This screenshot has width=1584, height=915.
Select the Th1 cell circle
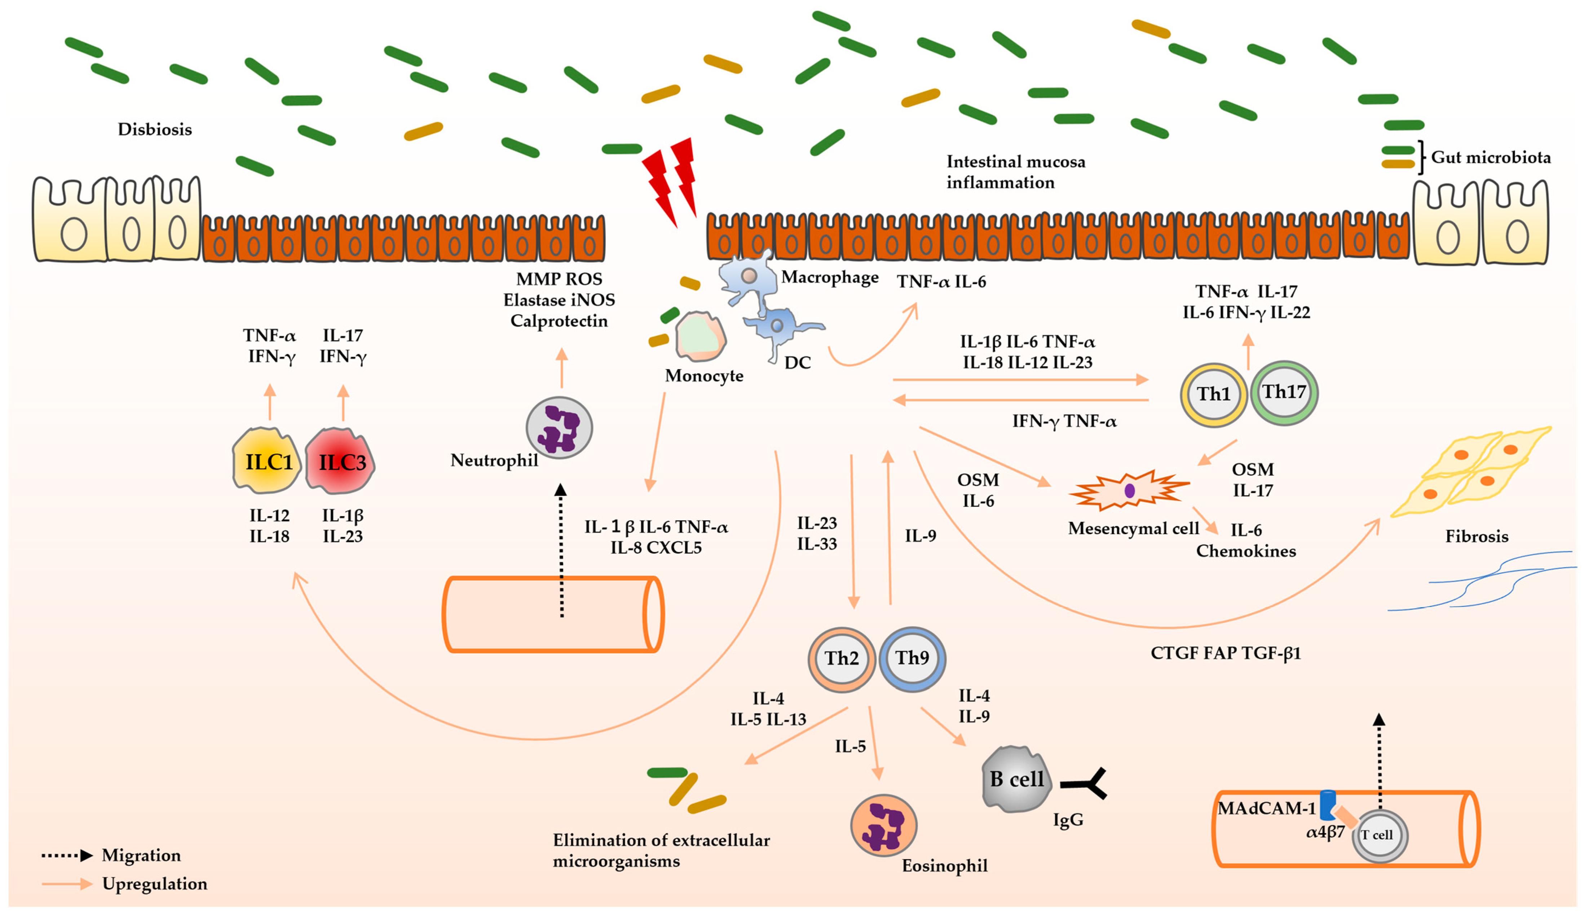pyautogui.click(x=1213, y=395)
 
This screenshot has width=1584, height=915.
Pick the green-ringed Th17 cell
pyautogui.click(x=1284, y=394)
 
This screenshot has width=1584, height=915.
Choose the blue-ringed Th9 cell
pyautogui.click(x=912, y=659)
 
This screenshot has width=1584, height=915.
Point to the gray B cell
pyautogui.click(x=1015, y=779)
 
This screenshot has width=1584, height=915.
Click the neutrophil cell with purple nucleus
pyautogui.click(x=559, y=428)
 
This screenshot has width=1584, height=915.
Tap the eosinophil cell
pyautogui.click(x=883, y=825)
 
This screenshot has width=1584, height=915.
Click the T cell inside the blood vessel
pyautogui.click(x=1379, y=835)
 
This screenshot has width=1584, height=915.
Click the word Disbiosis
pyautogui.click(x=155, y=129)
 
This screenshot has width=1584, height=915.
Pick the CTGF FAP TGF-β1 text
pyautogui.click(x=1225, y=654)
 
